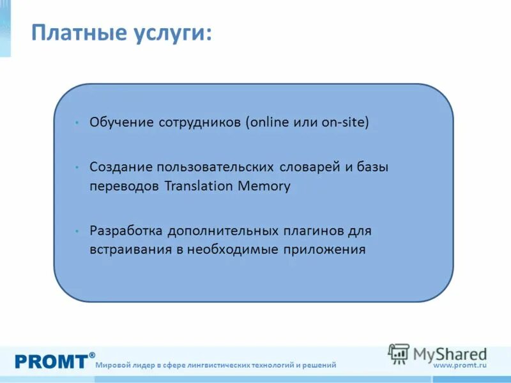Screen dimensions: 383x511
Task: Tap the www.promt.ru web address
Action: [460, 364]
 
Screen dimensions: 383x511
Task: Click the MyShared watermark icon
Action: [399, 354]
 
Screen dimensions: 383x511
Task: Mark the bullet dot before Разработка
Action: [76, 230]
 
